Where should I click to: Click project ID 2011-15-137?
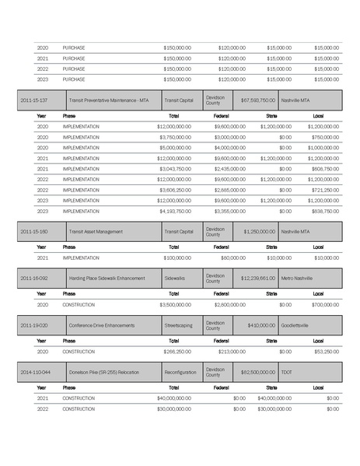34,100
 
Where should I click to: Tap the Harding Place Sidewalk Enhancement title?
104,278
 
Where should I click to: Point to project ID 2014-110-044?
36,372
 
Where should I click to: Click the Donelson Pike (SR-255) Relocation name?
104,372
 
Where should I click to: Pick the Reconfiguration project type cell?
181,372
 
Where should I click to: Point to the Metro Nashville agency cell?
298,278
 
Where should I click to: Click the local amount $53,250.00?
326,352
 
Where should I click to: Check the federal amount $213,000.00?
232,352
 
